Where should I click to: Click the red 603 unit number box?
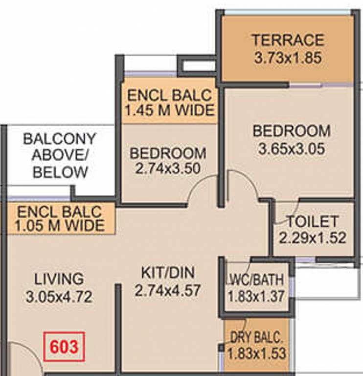[x=64, y=347]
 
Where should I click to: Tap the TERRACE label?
[x=288, y=40]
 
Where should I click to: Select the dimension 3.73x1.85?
[x=288, y=58]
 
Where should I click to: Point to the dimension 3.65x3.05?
[x=292, y=149]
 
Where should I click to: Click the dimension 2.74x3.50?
[x=168, y=168]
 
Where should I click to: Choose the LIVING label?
[x=59, y=279]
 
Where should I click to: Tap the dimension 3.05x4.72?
[x=59, y=297]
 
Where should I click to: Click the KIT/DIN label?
[x=168, y=273]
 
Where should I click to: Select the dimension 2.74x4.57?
[x=167, y=290]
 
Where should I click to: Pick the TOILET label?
[x=313, y=221]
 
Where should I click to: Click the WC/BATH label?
[x=256, y=280]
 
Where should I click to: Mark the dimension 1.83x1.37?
[x=256, y=296]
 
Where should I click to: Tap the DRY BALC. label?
[x=256, y=338]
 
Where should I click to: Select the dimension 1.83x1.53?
[x=256, y=353]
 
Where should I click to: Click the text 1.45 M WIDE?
[x=170, y=110]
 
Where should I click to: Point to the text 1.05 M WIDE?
[x=60, y=226]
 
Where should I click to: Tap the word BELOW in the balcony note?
[x=60, y=172]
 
